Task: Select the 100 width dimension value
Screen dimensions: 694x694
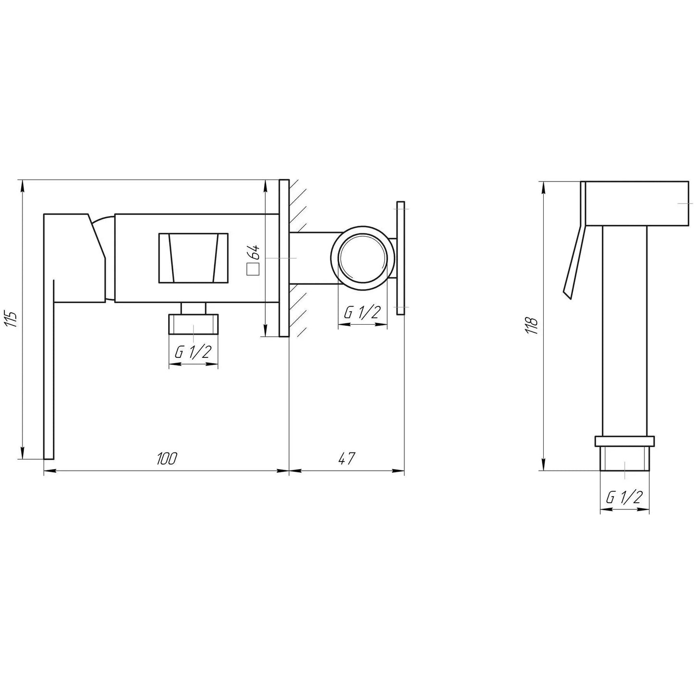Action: [167, 459]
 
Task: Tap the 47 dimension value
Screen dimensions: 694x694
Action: [346, 459]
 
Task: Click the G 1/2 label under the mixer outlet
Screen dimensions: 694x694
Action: [193, 353]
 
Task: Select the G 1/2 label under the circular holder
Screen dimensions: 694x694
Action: [362, 313]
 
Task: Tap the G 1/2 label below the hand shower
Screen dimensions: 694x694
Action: [624, 498]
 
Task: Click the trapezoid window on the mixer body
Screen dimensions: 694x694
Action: [193, 258]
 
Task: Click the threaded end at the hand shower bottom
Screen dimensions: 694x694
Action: [624, 460]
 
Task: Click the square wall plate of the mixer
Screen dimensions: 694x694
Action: [284, 258]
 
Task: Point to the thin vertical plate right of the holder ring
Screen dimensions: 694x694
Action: [401, 258]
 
